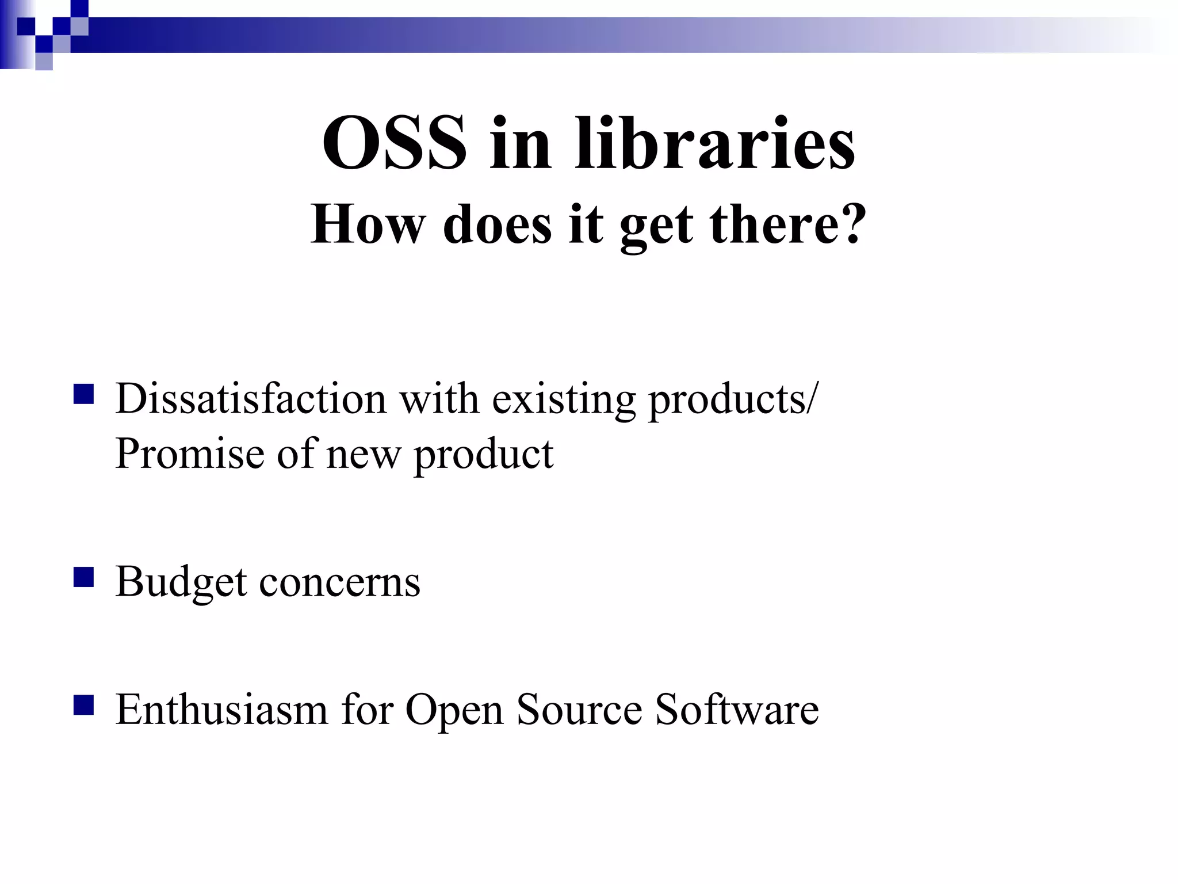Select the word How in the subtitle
coord(368,224)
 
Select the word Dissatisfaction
coord(251,398)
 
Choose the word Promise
coord(189,454)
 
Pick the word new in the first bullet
coord(363,455)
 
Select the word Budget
coord(181,582)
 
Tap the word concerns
coord(340,582)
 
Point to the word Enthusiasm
coord(221,709)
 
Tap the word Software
coord(737,709)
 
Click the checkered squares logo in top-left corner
coord(44,35)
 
